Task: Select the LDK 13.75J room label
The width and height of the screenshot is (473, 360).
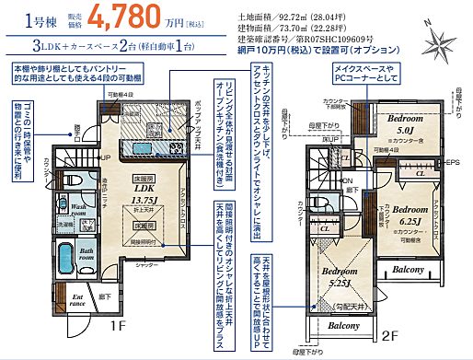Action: [x=144, y=191]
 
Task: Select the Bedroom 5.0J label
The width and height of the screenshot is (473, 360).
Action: [x=404, y=125]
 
